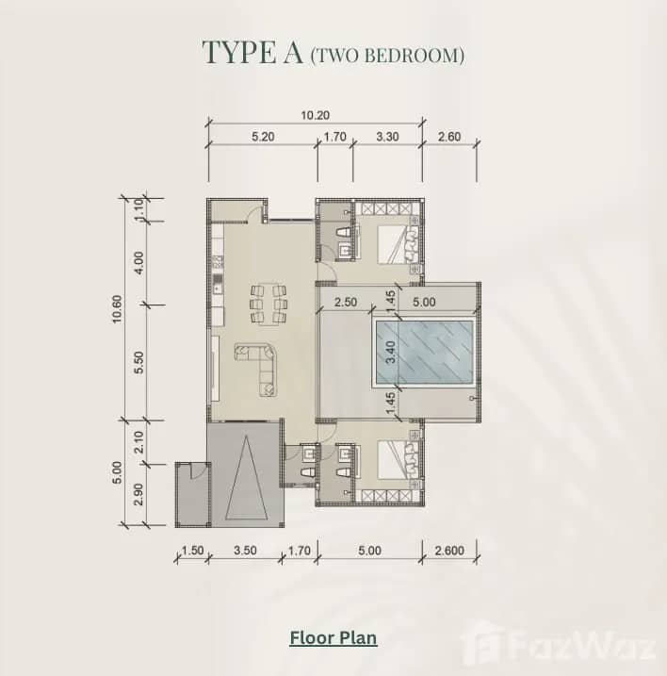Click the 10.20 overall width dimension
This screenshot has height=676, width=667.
pyautogui.click(x=316, y=116)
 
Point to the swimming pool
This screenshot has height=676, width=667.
pyautogui.click(x=423, y=354)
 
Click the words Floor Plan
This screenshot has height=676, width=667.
pyautogui.click(x=333, y=638)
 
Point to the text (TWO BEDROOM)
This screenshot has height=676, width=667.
pyautogui.click(x=387, y=56)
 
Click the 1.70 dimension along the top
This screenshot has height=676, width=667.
pyautogui.click(x=334, y=137)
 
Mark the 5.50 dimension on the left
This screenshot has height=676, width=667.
pyautogui.click(x=139, y=363)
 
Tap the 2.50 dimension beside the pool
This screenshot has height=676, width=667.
pyautogui.click(x=345, y=303)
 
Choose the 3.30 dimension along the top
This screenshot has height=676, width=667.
pyautogui.click(x=387, y=137)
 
